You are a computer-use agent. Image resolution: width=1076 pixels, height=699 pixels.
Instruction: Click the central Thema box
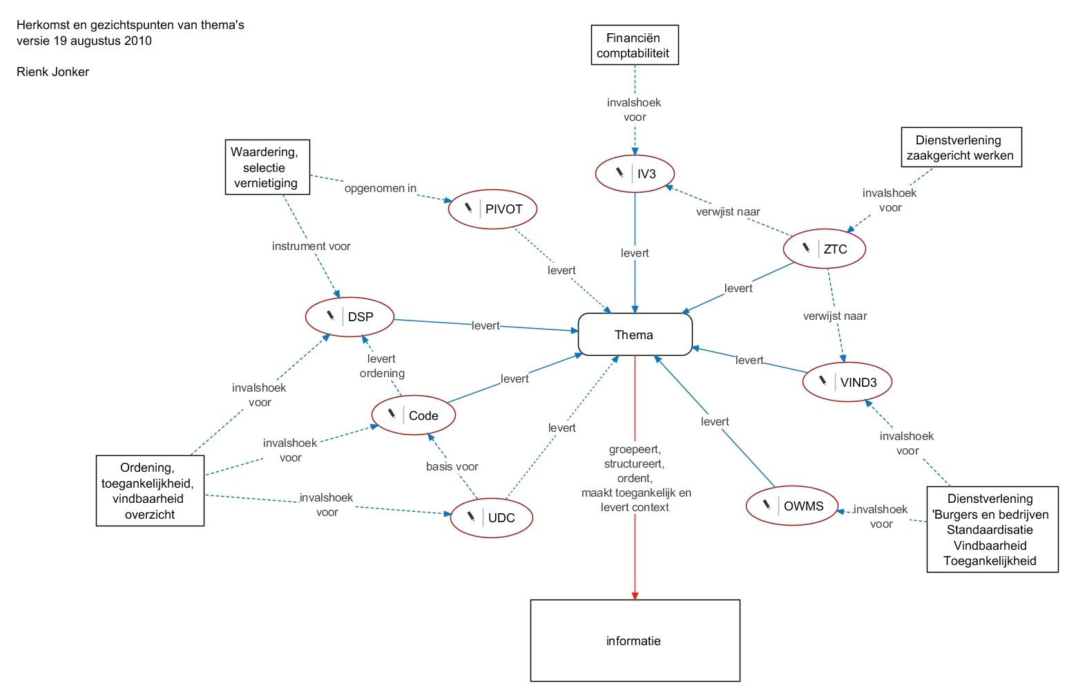tap(635, 335)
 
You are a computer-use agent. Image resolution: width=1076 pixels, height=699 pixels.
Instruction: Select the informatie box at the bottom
tap(635, 640)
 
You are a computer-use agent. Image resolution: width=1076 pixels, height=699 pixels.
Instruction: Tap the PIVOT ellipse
tap(492, 209)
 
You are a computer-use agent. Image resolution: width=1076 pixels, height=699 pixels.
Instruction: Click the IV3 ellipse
tap(635, 173)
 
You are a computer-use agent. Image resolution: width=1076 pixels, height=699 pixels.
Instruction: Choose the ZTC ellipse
tap(824, 249)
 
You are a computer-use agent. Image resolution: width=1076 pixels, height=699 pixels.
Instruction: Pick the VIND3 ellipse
tap(847, 382)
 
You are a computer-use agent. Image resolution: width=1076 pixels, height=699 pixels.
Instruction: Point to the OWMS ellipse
tap(791, 506)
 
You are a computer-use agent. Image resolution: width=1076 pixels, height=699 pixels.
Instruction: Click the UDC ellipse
tap(491, 517)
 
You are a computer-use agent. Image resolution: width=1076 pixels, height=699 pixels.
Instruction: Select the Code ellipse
tap(414, 415)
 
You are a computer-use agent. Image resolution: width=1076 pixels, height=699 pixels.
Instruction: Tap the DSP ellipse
tap(349, 317)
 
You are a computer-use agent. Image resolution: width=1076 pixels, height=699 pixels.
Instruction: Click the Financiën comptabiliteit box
tap(635, 46)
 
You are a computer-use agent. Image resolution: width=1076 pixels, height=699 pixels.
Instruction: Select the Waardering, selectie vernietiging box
tap(267, 167)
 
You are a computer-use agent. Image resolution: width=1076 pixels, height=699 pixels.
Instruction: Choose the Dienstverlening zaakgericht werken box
tap(961, 147)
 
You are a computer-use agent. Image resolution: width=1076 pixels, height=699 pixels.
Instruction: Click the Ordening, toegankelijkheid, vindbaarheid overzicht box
tap(150, 490)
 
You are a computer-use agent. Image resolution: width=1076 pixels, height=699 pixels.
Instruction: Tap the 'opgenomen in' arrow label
tap(381, 188)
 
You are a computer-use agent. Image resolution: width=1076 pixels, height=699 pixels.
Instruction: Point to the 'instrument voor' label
tap(311, 246)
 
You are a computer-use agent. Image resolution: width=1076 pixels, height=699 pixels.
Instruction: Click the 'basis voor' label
tap(452, 466)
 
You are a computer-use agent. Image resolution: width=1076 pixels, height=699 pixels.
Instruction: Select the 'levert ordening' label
tap(382, 366)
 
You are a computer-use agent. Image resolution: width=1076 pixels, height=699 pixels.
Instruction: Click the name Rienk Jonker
tap(53, 72)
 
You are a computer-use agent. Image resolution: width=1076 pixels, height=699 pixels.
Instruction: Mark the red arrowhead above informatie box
tap(635, 595)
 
